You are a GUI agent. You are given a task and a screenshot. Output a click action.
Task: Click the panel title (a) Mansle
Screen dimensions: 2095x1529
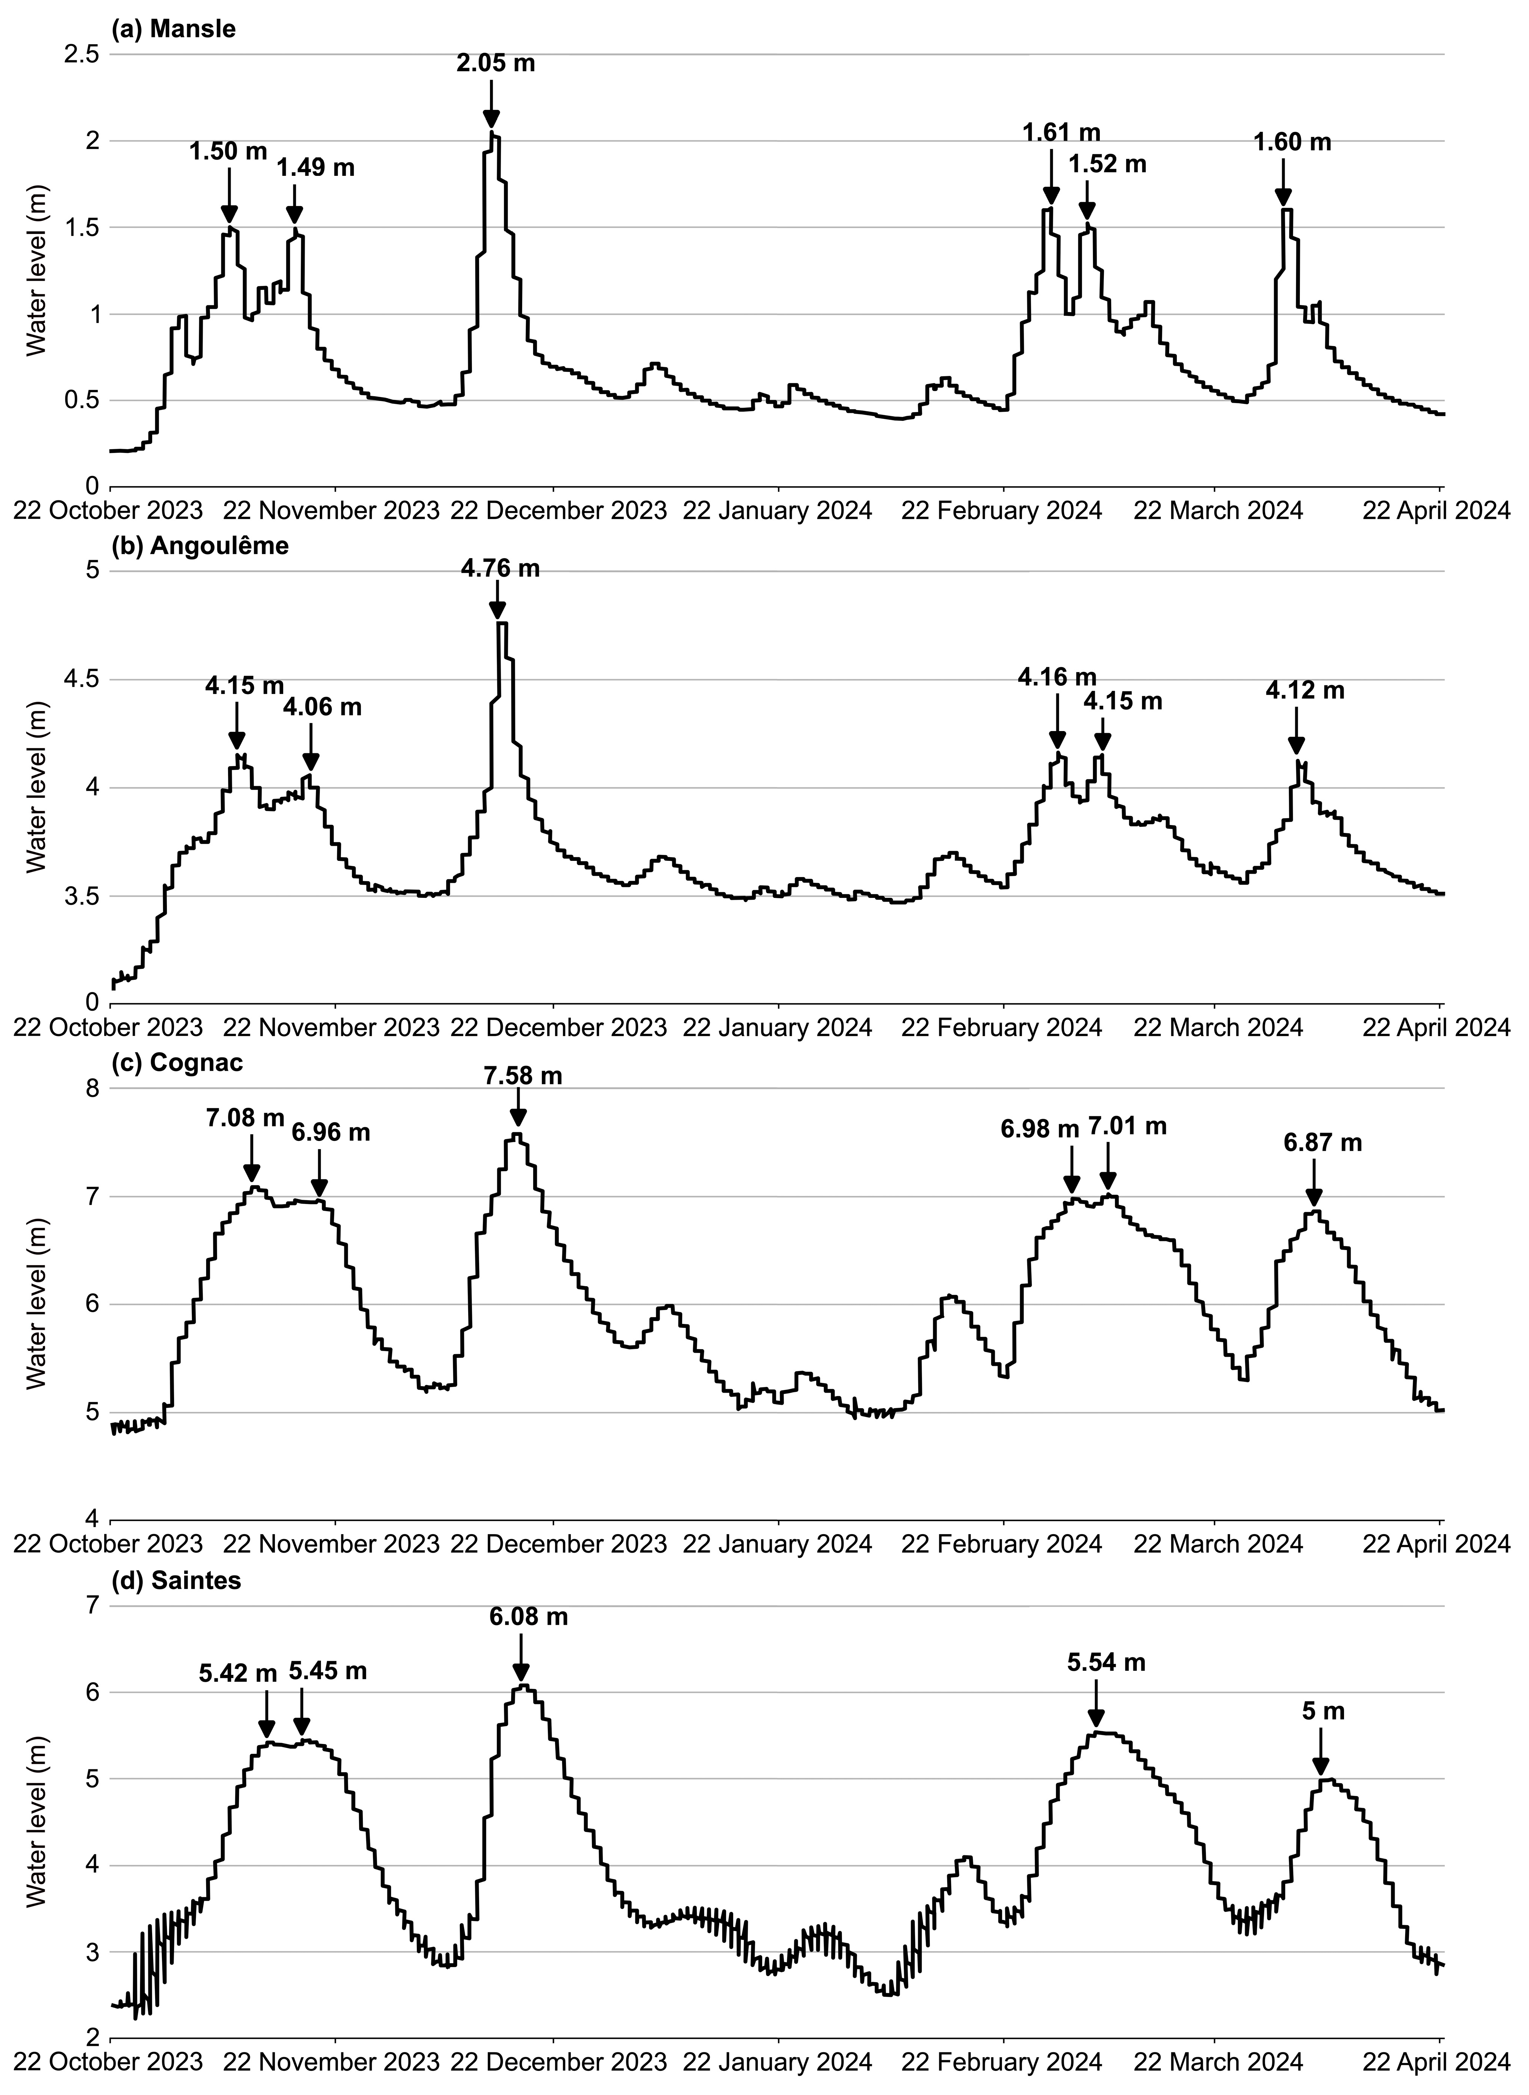click(173, 29)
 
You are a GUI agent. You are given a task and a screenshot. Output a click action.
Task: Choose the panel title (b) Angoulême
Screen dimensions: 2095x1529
click(199, 546)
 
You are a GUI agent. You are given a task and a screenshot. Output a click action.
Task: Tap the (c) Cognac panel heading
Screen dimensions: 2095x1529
click(177, 1062)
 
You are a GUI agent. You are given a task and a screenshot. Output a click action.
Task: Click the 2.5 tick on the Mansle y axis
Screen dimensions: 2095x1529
click(83, 55)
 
